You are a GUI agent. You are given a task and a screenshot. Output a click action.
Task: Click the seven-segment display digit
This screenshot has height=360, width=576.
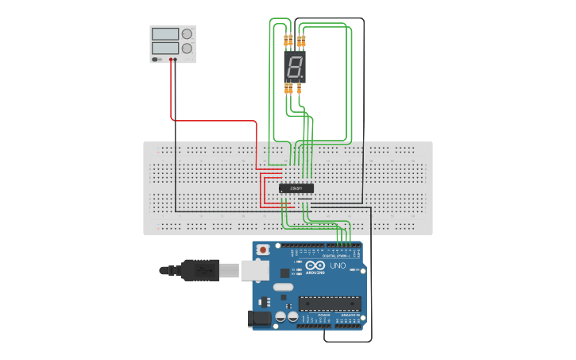tap(295, 68)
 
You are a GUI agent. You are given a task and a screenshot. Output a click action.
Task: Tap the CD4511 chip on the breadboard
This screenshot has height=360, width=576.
tap(296, 188)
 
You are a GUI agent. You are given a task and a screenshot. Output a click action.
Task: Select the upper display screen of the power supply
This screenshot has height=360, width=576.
tap(165, 34)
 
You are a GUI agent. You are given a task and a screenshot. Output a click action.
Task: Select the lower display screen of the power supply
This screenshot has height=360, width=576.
tap(165, 48)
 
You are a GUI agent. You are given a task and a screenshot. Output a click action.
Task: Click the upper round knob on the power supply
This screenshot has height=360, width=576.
tap(187, 34)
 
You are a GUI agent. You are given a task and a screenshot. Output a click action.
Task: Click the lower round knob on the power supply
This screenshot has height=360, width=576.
tap(187, 48)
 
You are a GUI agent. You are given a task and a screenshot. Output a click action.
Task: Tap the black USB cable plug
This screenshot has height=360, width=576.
tap(199, 270)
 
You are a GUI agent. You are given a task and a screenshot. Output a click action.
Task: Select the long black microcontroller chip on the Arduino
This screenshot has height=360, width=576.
tap(330, 303)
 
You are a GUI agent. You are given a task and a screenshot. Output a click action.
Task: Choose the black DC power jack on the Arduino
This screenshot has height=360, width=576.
tap(260, 319)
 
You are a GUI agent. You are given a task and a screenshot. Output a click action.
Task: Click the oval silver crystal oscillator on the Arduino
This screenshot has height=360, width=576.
tap(283, 286)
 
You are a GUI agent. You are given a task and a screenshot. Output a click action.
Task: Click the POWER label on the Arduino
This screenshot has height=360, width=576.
tap(324, 315)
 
